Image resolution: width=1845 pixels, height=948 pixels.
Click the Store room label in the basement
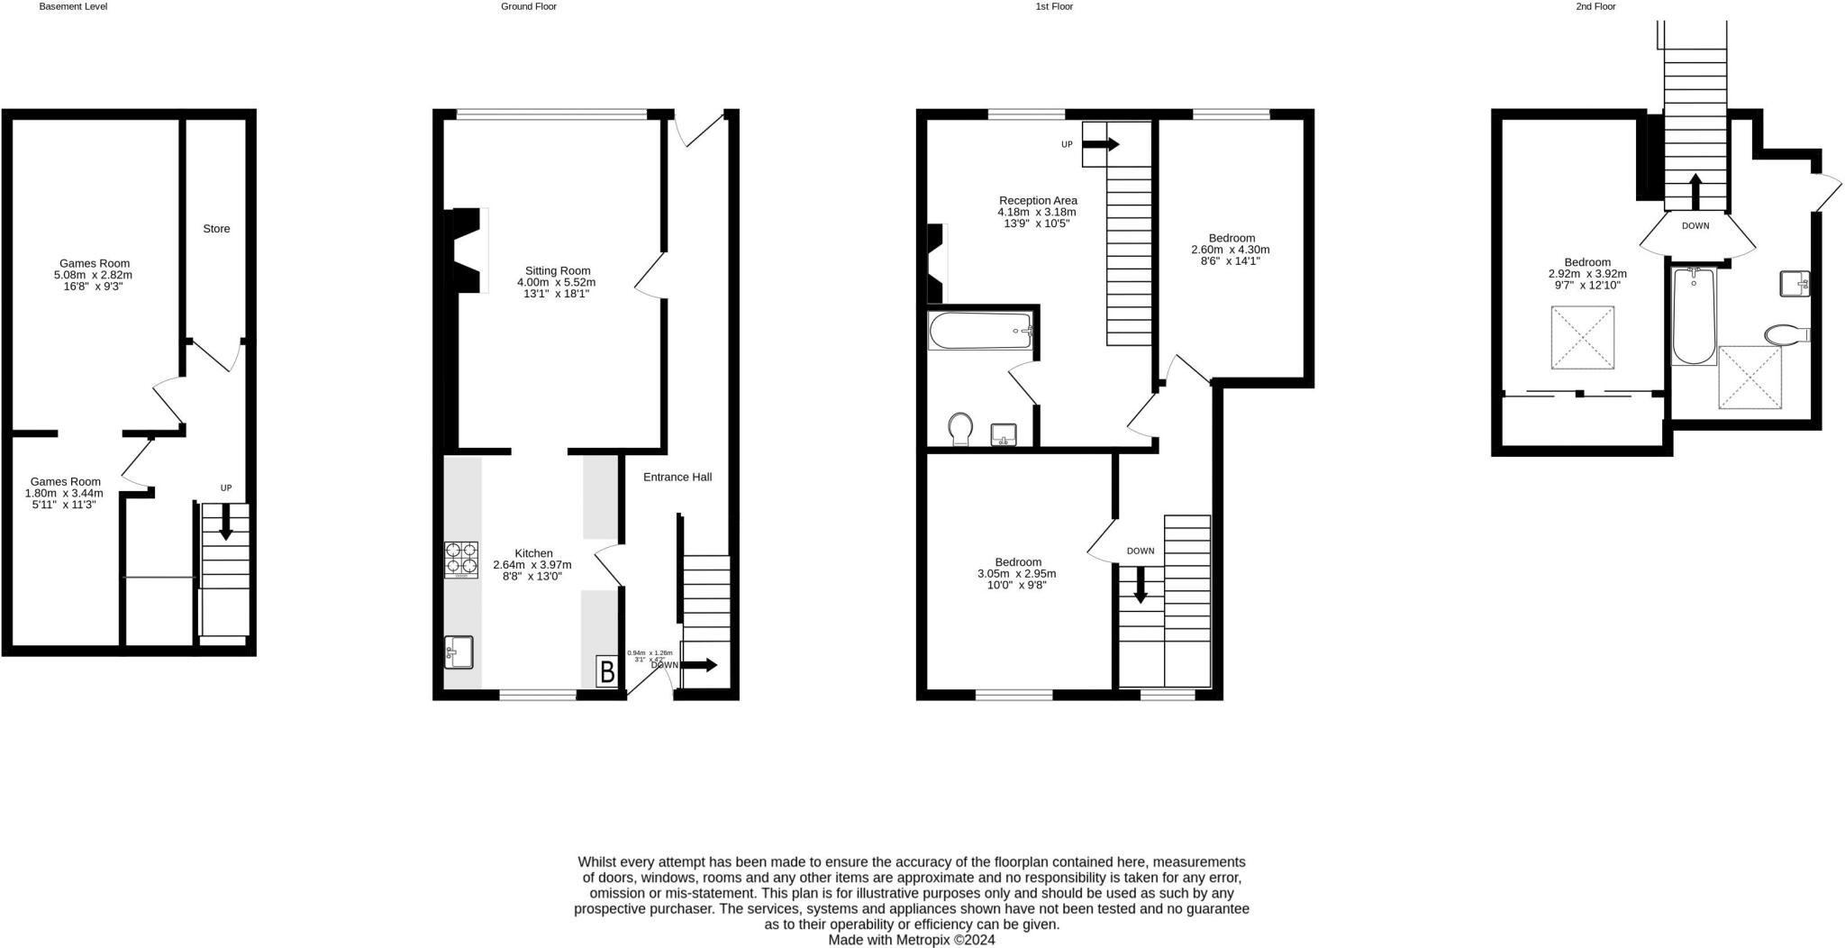216,229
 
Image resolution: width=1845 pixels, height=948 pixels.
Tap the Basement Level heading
73,6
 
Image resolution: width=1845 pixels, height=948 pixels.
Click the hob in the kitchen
460,559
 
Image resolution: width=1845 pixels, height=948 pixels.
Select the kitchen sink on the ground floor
459,652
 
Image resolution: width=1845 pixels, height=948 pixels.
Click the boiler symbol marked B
607,672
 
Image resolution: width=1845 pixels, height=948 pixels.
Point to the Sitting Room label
558,270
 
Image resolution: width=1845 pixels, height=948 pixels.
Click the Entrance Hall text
677,477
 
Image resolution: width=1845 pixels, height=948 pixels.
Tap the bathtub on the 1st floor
980,331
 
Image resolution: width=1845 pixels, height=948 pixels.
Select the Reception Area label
1038,201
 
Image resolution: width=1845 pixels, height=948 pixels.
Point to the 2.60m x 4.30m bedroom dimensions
1230,250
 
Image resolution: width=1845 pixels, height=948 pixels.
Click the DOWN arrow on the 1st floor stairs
1140,584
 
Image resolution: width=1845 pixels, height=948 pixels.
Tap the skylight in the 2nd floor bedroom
1582,338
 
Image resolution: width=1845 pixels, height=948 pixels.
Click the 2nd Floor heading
1595,6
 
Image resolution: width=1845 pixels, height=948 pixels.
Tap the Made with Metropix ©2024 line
911,939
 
